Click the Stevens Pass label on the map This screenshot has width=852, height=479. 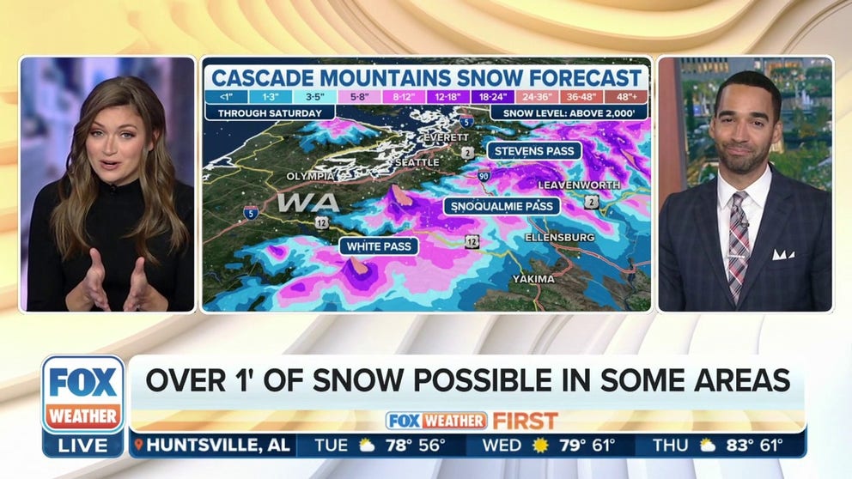(534, 150)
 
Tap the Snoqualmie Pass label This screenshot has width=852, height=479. (502, 206)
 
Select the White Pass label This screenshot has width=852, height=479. (379, 246)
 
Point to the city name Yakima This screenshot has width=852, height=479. (533, 279)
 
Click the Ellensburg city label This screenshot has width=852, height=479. (559, 236)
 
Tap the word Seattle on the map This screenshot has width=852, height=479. (415, 162)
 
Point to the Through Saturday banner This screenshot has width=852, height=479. (269, 113)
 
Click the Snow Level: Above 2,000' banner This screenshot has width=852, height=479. (568, 113)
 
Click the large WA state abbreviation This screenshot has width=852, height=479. (307, 203)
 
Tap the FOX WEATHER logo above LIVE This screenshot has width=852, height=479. (83, 395)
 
